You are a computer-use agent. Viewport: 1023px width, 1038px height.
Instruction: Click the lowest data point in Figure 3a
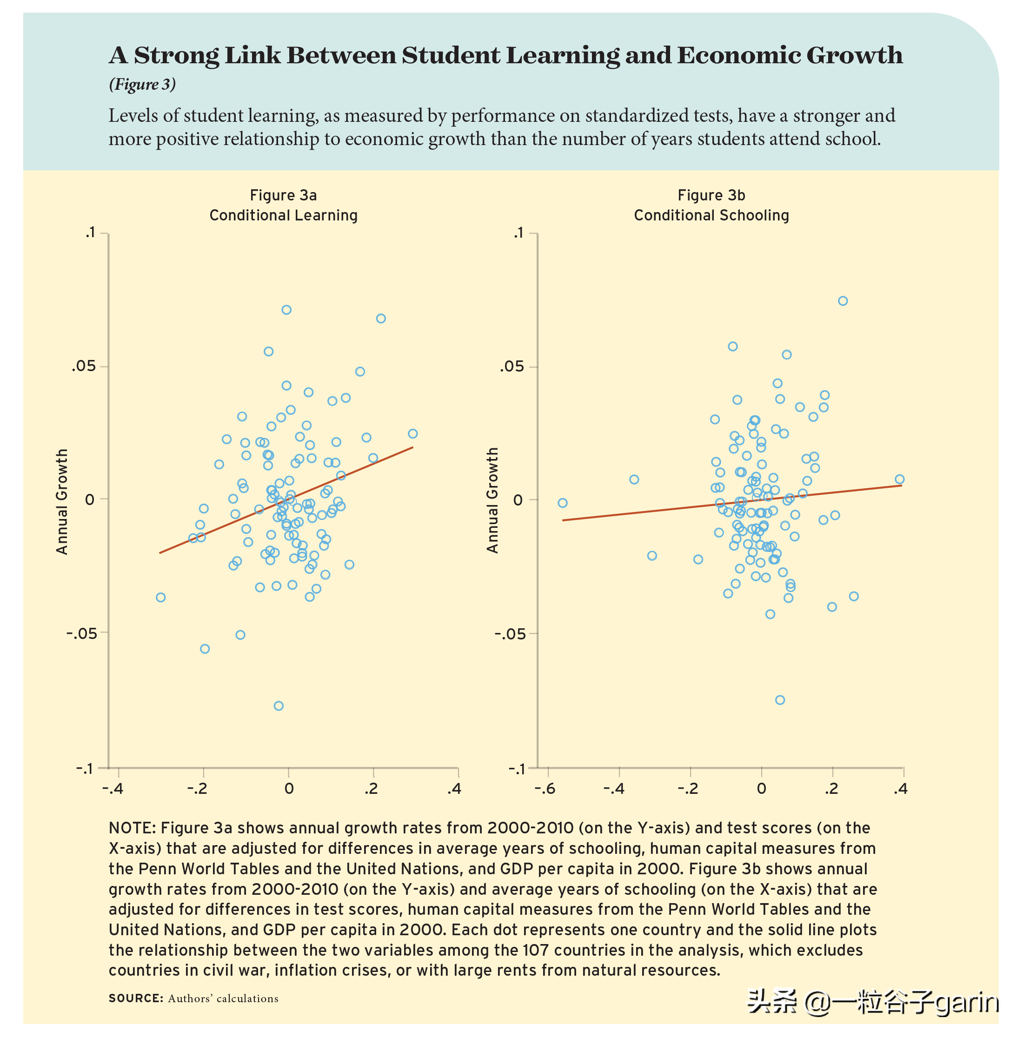click(279, 705)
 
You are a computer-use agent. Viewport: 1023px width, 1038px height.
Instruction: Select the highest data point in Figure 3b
click(843, 301)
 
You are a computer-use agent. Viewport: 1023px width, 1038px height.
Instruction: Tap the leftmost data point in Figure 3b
click(563, 503)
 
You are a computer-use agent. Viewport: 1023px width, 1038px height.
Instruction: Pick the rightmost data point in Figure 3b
click(899, 479)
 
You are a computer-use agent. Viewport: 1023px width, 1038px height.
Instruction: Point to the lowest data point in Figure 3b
click(780, 699)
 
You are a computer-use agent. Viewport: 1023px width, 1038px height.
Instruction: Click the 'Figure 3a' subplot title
click(283, 195)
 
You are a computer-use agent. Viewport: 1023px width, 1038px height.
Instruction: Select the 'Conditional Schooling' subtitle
click(711, 215)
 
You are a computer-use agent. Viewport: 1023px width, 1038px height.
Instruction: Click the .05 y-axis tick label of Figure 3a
click(83, 366)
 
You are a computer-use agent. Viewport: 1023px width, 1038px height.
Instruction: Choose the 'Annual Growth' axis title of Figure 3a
click(62, 501)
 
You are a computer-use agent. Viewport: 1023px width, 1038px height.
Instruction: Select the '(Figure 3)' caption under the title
click(142, 84)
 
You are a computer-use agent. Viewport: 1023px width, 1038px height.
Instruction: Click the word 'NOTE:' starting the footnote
click(132, 828)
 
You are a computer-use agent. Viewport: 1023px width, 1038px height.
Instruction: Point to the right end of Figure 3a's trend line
click(412, 447)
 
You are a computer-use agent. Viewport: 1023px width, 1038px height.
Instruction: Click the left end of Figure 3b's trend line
click(563, 520)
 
